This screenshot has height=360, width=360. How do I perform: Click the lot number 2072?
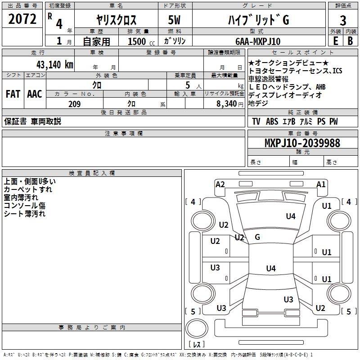22,19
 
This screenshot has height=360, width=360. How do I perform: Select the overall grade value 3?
343,20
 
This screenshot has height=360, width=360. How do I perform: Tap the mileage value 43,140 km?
54,64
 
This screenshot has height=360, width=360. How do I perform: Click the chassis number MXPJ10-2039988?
302,143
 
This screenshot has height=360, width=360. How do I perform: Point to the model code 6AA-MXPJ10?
258,41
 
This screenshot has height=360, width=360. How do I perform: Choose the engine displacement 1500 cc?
141,41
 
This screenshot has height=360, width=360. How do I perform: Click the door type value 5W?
174,20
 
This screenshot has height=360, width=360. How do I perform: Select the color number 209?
74,104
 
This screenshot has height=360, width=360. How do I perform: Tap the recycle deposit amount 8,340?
227,104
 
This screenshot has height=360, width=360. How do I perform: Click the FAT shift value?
13,94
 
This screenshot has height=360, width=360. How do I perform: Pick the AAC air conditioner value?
35,94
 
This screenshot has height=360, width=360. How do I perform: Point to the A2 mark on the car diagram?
220,184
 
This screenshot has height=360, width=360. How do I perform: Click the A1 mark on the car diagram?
321,184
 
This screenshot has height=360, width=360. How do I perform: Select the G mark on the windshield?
257,237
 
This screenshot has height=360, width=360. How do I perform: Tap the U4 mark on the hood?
291,216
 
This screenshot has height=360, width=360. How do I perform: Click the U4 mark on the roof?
271,268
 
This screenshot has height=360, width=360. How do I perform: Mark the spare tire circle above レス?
197,328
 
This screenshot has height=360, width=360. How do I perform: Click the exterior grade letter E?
335,41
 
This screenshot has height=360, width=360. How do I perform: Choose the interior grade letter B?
350,41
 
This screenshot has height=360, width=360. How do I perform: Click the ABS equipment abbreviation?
272,121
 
